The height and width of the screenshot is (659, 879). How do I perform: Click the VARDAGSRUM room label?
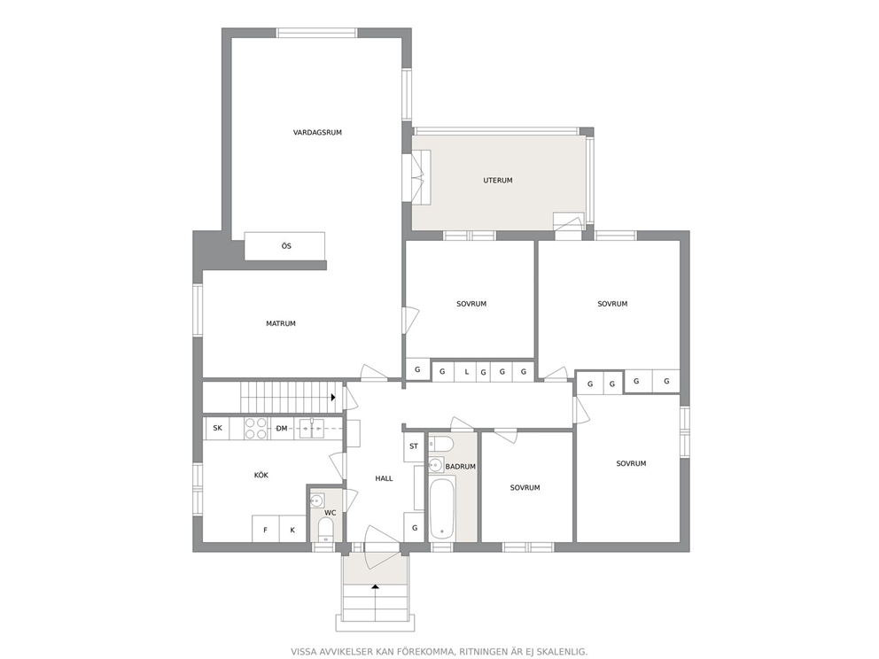coord(317,133)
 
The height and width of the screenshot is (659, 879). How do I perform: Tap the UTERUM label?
coord(498,181)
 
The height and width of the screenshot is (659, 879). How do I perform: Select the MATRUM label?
coord(281,323)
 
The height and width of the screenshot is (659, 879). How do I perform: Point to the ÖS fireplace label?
coord(286,246)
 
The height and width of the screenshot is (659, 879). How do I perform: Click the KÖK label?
coord(261,475)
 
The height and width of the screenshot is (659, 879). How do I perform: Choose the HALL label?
coord(384,478)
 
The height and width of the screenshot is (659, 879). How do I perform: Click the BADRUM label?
coord(460,466)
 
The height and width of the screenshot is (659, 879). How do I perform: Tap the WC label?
coord(331,513)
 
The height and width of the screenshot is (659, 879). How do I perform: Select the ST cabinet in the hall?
coord(414,447)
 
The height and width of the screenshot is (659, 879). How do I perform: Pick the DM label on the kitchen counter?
coord(282,429)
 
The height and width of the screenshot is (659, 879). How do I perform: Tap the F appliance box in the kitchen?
coord(265,529)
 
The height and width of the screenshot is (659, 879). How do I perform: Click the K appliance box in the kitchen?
coord(292,529)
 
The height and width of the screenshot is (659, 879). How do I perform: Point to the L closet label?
coord(466,371)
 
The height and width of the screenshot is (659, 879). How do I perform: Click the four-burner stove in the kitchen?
coord(256,428)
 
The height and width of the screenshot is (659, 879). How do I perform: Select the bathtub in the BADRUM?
coord(442,508)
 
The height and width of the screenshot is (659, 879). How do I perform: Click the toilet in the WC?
coord(325,530)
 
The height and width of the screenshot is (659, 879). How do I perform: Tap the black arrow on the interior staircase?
coord(333,398)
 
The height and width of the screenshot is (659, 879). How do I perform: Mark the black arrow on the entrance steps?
coord(375,586)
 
